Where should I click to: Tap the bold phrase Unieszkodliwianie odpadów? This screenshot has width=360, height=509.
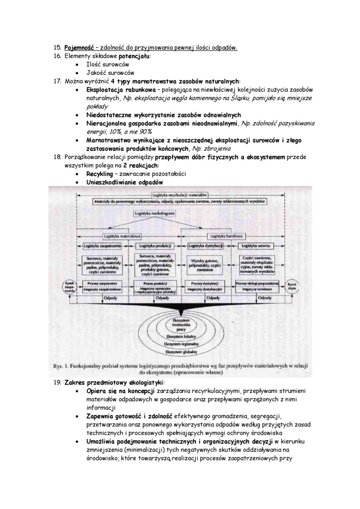click(125, 182)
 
